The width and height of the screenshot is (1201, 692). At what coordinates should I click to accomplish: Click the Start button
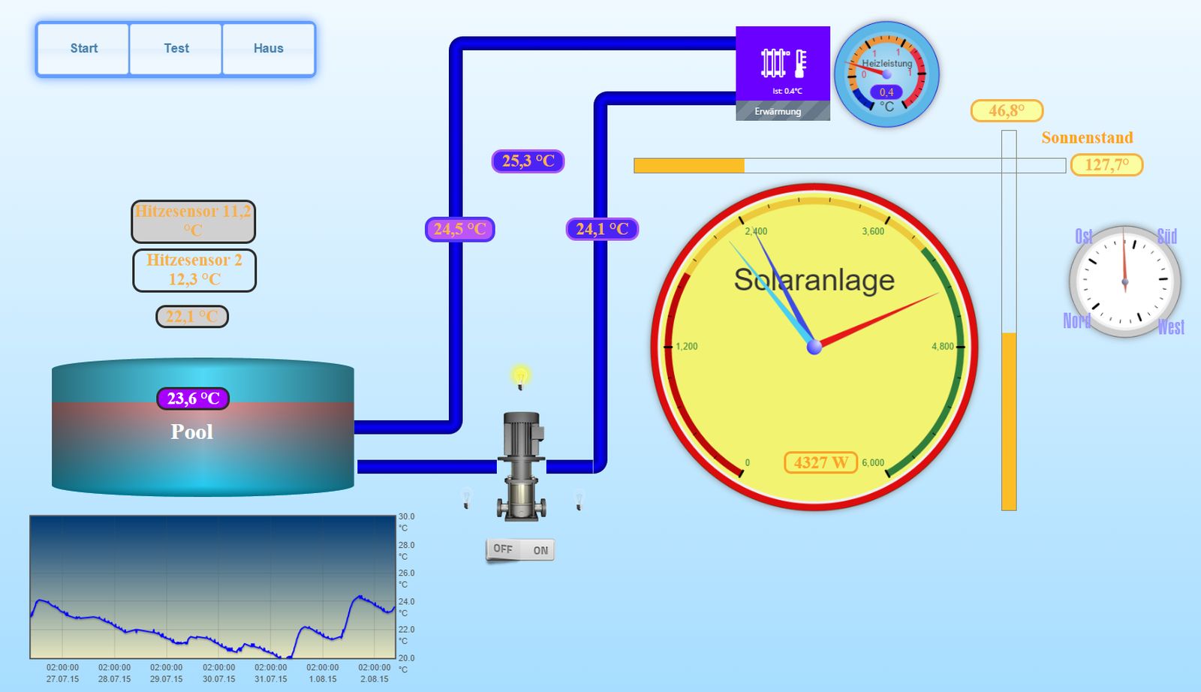pos(83,49)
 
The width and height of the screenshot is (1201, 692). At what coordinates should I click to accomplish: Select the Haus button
pos(268,49)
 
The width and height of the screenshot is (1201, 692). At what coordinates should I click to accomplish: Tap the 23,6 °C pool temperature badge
pos(193,399)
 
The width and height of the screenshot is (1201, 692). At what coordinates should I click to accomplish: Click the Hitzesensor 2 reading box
pos(194,270)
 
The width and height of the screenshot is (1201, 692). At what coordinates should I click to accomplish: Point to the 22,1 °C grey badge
pos(192,317)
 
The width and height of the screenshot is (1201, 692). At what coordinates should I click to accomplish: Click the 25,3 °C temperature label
pos(528,161)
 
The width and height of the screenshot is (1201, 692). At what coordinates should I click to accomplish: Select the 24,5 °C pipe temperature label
pos(459,229)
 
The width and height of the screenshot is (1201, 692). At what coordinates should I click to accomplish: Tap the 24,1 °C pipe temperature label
pos(602,229)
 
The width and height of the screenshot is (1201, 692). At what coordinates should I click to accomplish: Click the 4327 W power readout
pos(820,463)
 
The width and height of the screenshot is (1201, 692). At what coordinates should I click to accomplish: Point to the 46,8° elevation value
pos(1007,111)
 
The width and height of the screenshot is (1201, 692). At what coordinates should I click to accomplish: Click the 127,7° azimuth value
pos(1106,165)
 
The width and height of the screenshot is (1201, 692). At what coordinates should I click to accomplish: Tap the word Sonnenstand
pos(1087,138)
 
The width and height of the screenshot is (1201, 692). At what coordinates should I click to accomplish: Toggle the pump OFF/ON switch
pos(520,550)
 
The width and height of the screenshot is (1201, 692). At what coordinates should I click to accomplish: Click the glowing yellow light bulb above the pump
pos(520,376)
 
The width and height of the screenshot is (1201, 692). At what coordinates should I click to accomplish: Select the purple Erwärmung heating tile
pos(782,73)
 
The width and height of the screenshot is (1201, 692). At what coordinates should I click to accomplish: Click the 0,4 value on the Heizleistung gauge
pos(886,92)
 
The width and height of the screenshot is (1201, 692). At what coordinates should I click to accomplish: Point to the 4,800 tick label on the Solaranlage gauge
pos(942,347)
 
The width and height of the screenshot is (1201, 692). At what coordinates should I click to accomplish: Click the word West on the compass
pos(1170,327)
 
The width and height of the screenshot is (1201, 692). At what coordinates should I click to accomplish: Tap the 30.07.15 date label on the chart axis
pos(218,679)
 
